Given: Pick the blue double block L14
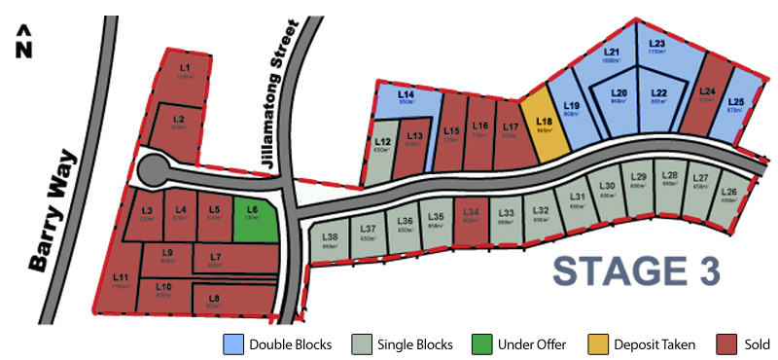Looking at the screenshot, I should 407,98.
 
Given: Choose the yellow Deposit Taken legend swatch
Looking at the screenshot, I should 598,343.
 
